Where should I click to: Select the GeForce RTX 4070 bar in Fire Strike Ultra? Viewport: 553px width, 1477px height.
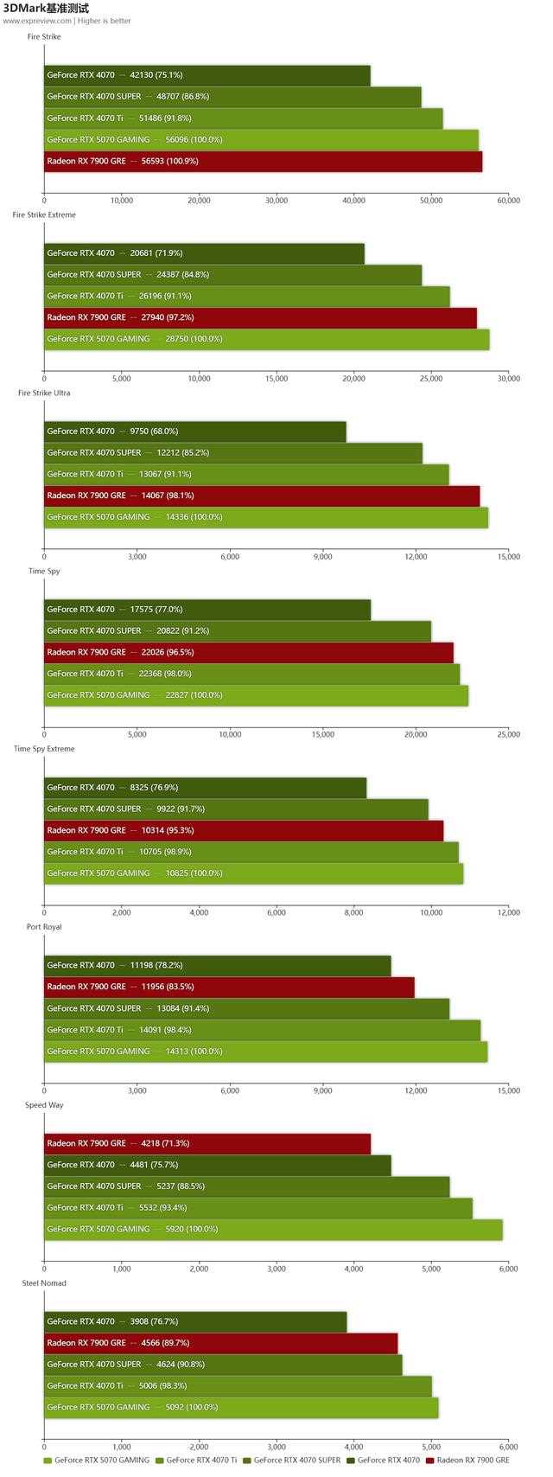tap(194, 432)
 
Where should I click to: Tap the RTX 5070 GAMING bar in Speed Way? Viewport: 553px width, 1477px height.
tap(273, 1229)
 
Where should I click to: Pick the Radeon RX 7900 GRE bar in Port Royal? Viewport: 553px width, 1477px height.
tap(229, 987)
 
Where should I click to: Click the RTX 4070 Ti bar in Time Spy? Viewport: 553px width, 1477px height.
tap(251, 674)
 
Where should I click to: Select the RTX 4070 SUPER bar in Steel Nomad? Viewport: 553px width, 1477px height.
tap(223, 1365)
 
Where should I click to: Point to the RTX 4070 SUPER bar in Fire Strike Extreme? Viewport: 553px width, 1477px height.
tap(232, 275)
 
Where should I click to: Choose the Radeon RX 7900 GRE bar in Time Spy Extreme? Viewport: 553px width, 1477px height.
tap(243, 830)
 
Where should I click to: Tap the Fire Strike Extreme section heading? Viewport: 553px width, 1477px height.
tap(44, 214)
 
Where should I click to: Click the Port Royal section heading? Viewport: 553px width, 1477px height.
tap(44, 927)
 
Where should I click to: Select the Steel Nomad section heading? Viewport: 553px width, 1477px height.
tap(44, 1283)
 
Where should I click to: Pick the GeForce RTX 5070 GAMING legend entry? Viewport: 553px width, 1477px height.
tap(96, 1461)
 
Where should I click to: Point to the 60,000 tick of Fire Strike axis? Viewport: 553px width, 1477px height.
tap(508, 201)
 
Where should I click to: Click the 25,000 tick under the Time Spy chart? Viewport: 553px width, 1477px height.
tap(508, 735)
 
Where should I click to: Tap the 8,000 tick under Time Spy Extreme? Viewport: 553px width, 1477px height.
tap(353, 912)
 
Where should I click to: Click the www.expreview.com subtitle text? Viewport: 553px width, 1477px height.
tap(37, 21)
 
